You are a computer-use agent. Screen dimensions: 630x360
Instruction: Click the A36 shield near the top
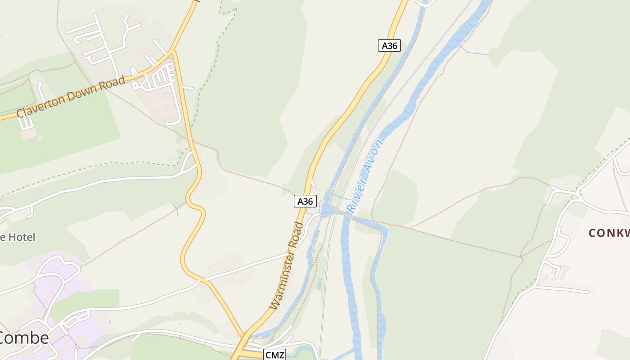tap(389, 45)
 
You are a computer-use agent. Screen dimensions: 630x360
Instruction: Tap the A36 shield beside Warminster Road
tap(305, 201)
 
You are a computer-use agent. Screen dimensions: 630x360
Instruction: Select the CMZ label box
tap(275, 355)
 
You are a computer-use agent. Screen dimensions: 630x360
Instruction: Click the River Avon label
tap(365, 176)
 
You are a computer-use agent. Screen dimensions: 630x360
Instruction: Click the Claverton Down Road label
tap(71, 97)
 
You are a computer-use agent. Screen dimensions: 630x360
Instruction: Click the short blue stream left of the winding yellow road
tap(176, 209)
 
